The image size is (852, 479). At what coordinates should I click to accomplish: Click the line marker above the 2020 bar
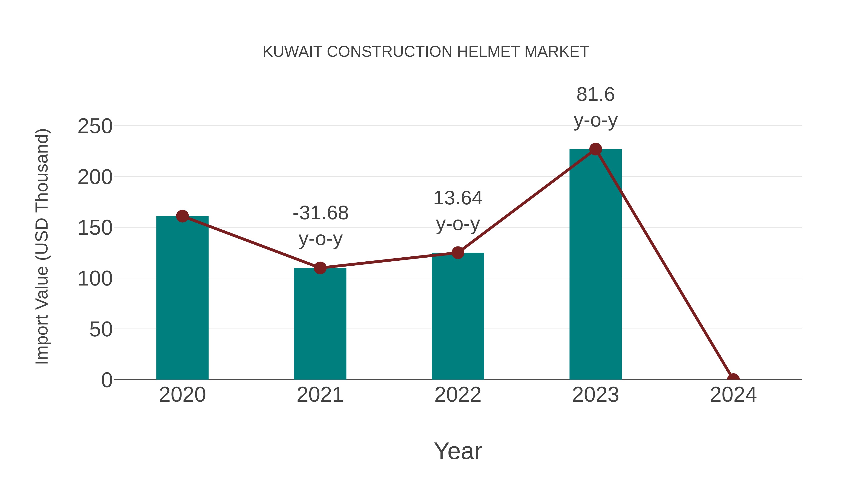(x=182, y=216)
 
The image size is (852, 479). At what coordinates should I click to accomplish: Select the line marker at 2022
(x=458, y=253)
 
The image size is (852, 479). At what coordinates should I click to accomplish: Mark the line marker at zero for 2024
(x=733, y=379)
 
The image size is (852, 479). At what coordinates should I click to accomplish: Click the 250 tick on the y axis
(x=95, y=126)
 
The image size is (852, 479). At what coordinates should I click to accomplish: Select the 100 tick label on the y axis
(x=95, y=279)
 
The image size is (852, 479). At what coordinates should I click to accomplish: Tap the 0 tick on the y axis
(x=107, y=380)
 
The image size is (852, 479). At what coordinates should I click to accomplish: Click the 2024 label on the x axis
(x=733, y=395)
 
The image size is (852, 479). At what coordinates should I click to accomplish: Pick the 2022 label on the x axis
(x=458, y=395)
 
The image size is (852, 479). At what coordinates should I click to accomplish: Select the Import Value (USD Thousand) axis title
(x=42, y=246)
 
